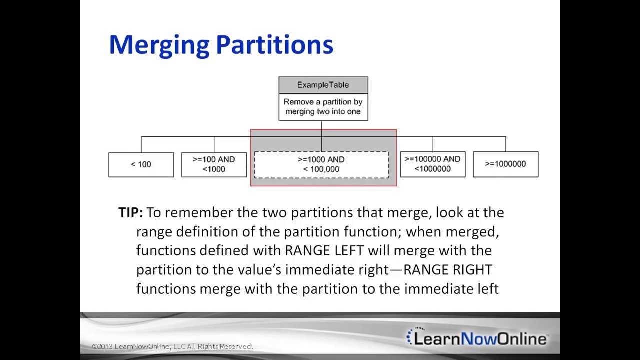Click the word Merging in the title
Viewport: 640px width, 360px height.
[159, 45]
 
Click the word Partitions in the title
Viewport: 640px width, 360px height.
[274, 45]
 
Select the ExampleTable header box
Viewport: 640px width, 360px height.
[323, 85]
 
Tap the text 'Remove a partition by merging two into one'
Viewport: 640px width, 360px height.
[323, 107]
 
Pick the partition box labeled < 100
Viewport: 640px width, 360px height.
[141, 164]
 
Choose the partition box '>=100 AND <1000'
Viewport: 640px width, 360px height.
[214, 164]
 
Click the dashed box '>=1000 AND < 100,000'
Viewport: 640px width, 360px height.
[321, 164]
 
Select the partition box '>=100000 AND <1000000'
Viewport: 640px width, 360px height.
[432, 164]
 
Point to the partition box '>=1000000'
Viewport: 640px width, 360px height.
[505, 164]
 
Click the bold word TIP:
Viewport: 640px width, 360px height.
[130, 213]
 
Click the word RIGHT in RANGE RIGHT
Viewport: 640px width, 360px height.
[472, 270]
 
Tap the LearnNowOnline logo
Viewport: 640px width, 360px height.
[477, 338]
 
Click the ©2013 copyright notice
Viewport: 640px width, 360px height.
[172, 346]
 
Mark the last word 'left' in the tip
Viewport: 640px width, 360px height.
[485, 289]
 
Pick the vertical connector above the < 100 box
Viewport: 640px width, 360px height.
[141, 144]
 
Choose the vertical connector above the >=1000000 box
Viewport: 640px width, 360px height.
[506, 144]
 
